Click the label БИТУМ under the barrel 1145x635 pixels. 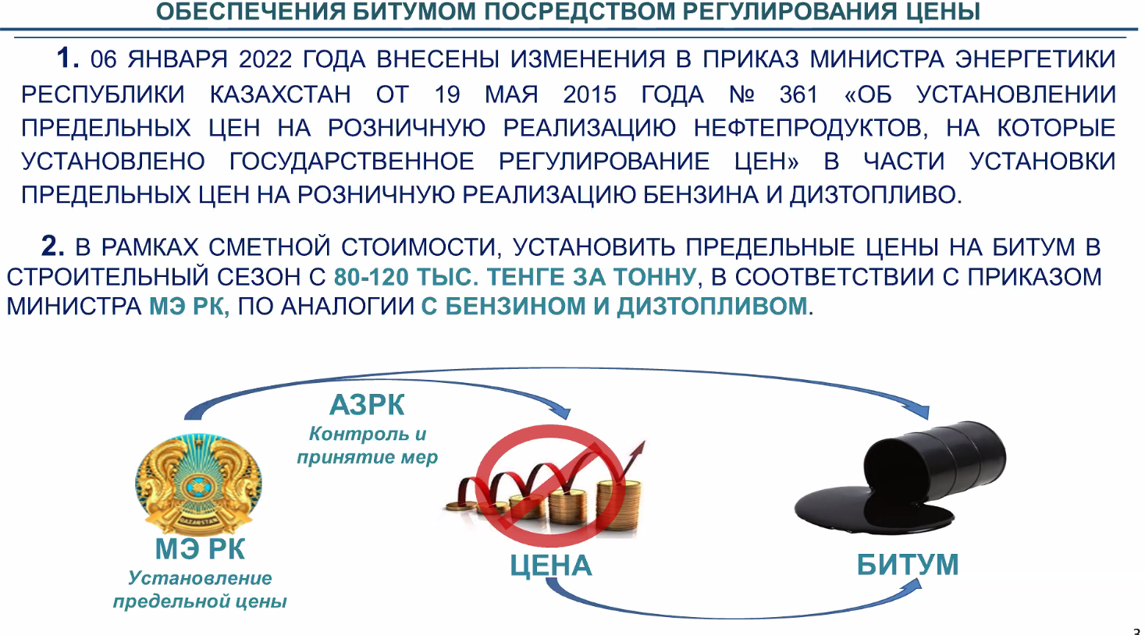(908, 565)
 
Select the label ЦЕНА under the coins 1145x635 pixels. (551, 566)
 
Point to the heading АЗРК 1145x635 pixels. (367, 405)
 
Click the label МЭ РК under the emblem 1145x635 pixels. (200, 549)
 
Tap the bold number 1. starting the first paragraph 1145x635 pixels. (68, 57)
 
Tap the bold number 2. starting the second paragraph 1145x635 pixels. (52, 246)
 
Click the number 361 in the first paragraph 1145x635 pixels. (798, 95)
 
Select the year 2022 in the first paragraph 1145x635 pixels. (265, 59)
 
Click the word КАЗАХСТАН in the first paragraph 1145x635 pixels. (281, 95)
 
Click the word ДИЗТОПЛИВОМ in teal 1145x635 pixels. (712, 307)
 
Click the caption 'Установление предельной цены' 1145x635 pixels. (200, 590)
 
